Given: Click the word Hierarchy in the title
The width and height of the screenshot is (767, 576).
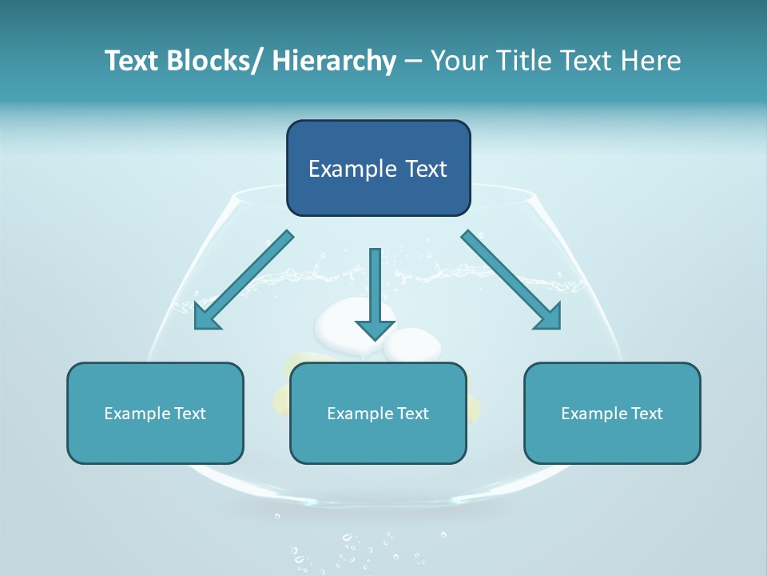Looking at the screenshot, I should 334,61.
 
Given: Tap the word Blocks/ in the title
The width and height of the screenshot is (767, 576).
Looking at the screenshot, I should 213,61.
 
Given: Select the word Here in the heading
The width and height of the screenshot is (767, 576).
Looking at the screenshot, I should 652,61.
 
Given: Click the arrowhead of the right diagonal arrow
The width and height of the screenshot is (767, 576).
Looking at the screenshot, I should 551,319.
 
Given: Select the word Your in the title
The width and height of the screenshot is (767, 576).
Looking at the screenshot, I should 455,61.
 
